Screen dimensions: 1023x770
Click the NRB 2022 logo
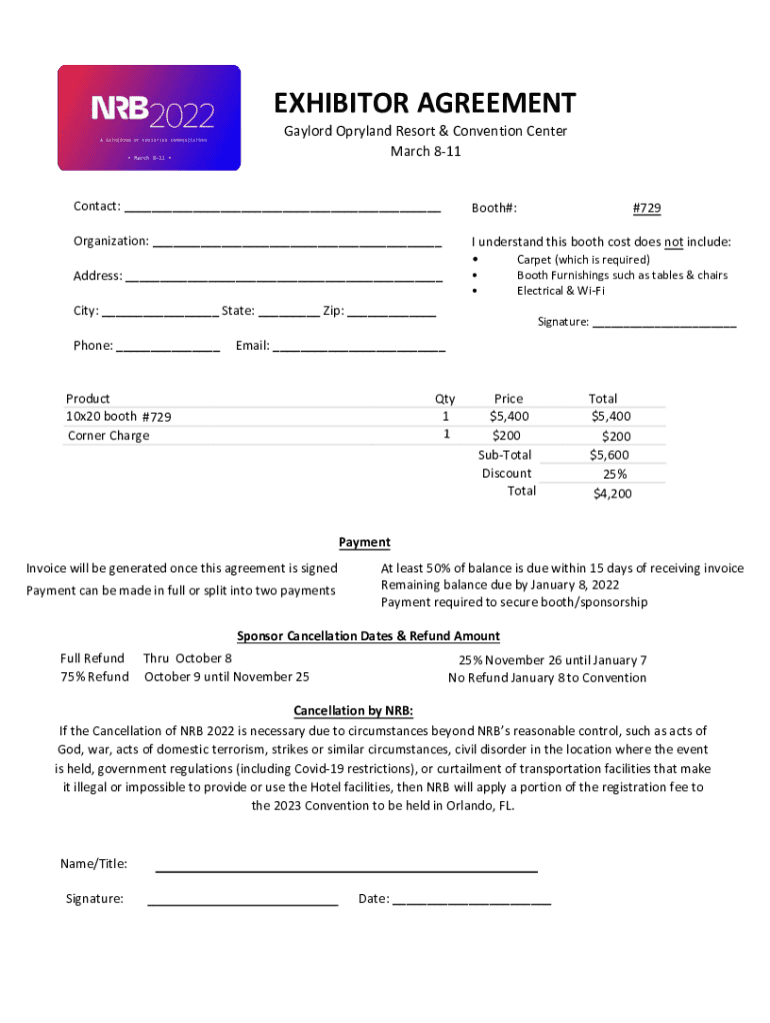149,118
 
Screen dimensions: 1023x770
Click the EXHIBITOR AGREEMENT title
425,103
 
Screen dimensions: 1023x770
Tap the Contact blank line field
282,209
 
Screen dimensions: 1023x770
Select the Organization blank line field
297,243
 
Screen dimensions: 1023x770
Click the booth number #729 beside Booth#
646,208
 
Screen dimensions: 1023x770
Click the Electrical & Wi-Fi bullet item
560,291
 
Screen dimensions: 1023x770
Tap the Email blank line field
359,349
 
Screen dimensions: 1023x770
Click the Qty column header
445,399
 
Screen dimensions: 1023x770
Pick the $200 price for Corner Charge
506,435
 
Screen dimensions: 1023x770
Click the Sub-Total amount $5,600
609,456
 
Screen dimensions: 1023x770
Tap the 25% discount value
614,474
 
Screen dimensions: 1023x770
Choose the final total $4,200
611,493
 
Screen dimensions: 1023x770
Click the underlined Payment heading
364,542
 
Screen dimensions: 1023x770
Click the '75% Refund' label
95,676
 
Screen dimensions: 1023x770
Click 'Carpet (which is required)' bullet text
582,259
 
